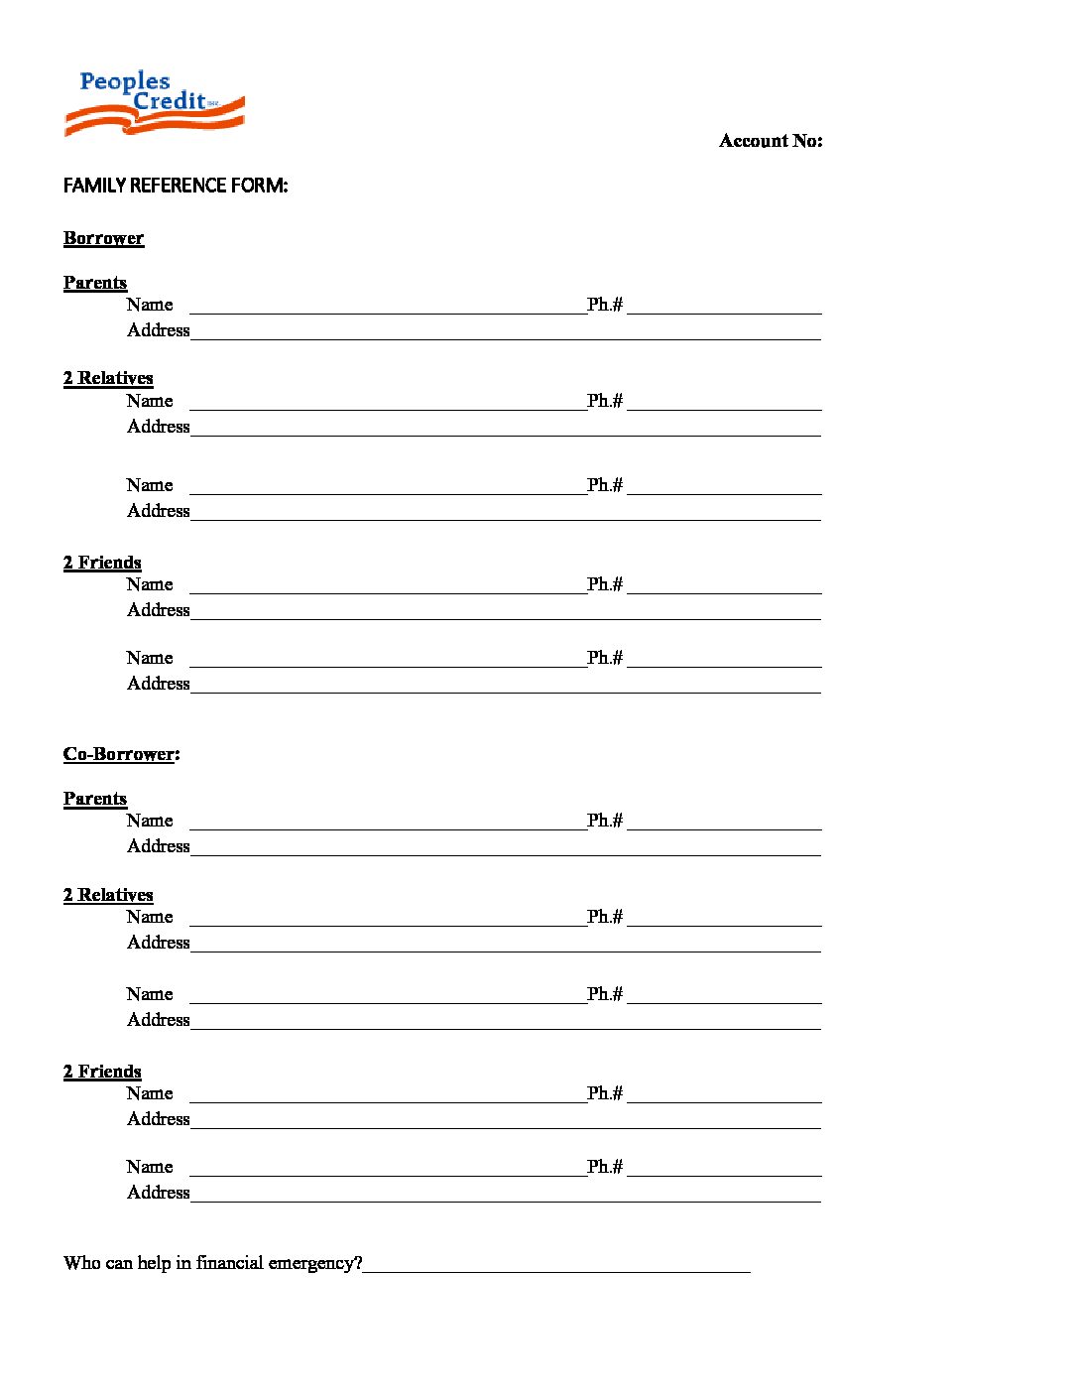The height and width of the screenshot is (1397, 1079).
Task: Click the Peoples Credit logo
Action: click(x=154, y=103)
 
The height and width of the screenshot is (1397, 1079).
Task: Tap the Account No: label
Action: click(x=771, y=141)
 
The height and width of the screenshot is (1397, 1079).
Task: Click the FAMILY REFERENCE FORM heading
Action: click(x=176, y=186)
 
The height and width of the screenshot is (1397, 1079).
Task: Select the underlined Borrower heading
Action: click(x=103, y=238)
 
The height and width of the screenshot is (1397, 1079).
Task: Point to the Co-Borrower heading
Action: click(x=120, y=754)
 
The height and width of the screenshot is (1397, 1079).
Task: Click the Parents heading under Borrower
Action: click(x=95, y=283)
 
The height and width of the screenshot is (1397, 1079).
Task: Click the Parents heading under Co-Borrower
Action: click(x=95, y=799)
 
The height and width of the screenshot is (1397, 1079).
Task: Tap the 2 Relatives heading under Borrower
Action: click(x=108, y=378)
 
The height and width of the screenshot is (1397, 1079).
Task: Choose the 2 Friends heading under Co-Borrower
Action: click(x=102, y=1072)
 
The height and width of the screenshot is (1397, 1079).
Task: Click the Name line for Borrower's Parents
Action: click(x=387, y=308)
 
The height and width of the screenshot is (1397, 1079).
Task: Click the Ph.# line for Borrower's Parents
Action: click(x=724, y=308)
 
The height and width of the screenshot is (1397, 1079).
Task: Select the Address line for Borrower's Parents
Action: click(x=506, y=333)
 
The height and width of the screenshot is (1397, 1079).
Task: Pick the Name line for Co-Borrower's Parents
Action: click(x=387, y=824)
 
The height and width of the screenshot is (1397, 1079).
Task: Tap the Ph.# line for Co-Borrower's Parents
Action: click(x=724, y=824)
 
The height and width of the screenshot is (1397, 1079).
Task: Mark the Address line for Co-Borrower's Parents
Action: click(x=506, y=849)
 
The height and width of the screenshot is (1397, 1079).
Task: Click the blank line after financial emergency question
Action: click(x=556, y=1266)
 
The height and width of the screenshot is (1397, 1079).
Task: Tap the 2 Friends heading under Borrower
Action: click(x=102, y=563)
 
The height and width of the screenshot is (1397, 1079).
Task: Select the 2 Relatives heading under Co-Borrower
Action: click(x=108, y=895)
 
